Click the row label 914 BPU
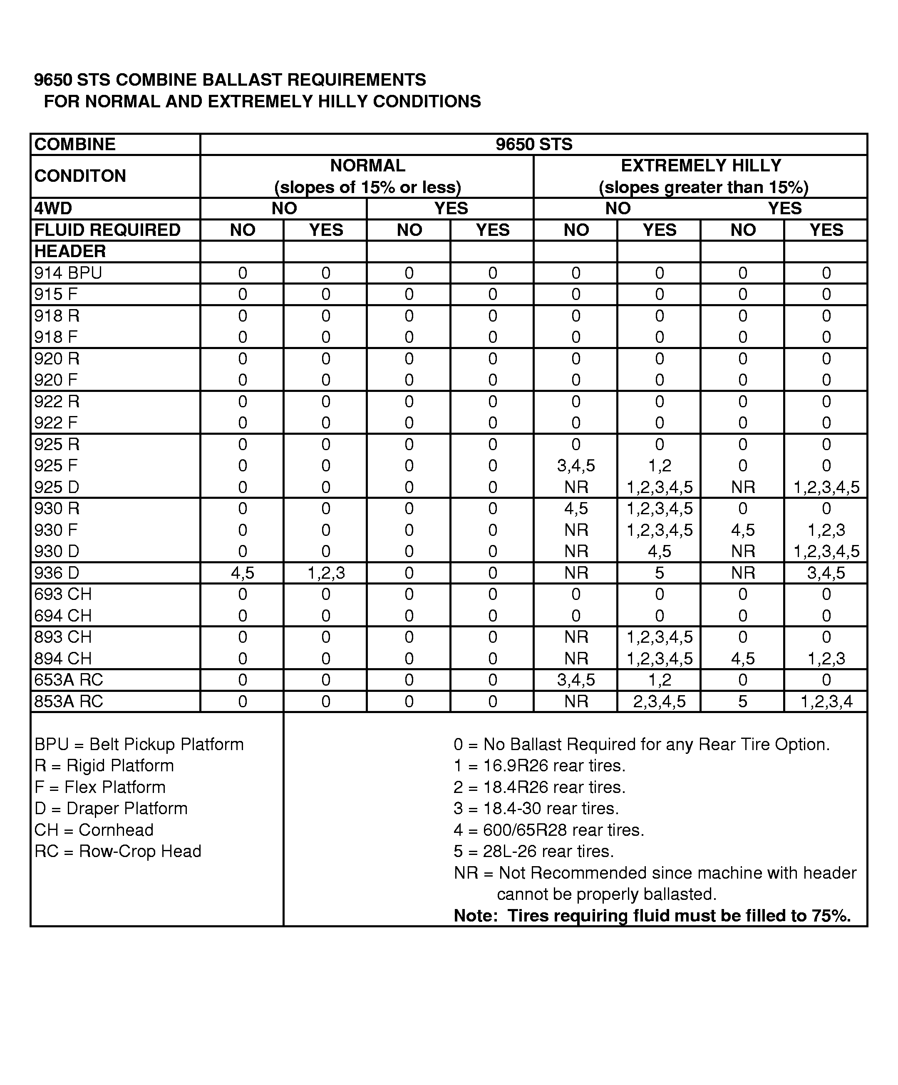pos(68,273)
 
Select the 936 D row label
pos(57,573)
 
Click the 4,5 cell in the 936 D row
pos(242,573)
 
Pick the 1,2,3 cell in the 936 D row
pos(325,573)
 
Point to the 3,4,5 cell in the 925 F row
pos(576,466)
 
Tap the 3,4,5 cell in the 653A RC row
pos(576,680)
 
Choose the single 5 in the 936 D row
pos(659,573)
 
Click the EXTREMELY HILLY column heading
pos(701,166)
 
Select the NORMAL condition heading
pos(367,166)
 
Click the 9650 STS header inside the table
pos(534,144)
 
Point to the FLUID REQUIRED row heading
pos(107,230)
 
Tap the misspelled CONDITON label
pos(80,176)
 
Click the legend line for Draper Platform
pos(111,809)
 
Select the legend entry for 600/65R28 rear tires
pos(549,830)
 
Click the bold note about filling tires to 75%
pos(652,916)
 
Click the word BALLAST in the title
pos(241,80)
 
